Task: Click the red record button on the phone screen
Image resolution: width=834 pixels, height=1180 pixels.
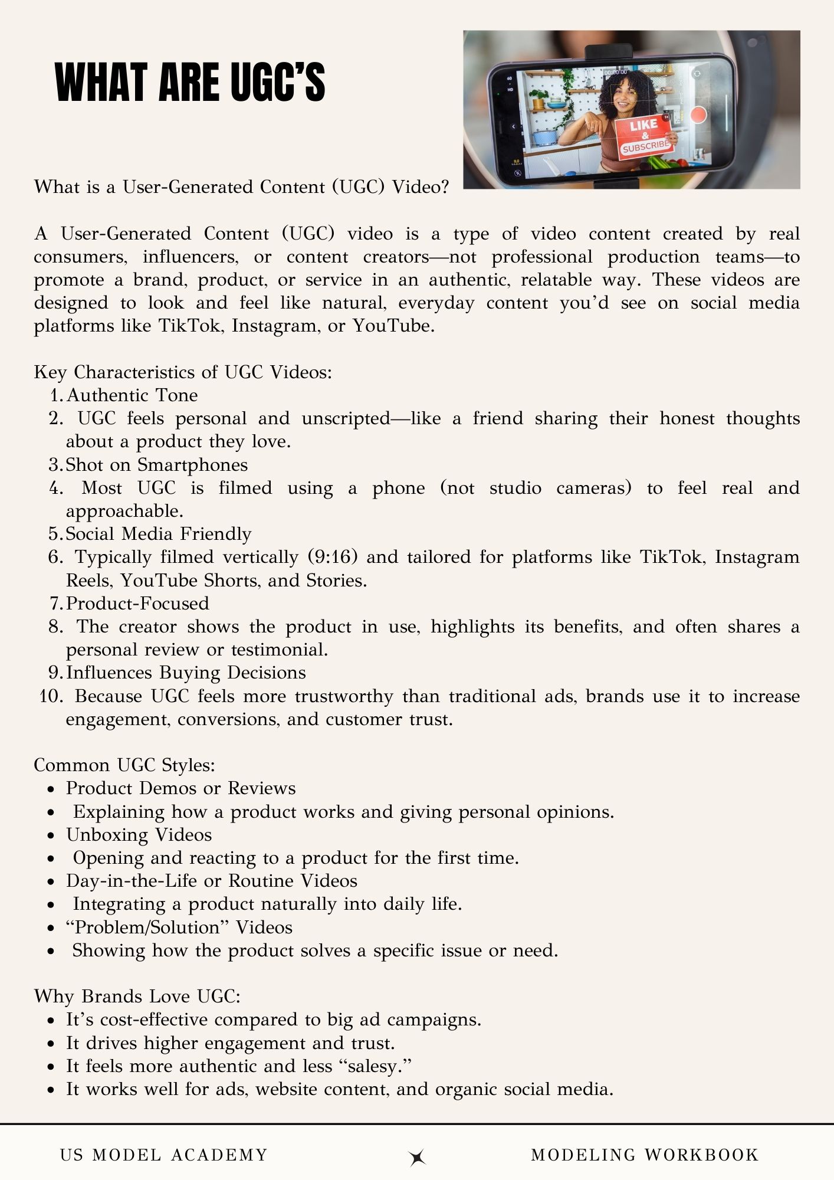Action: point(698,114)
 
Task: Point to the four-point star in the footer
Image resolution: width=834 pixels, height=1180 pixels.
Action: point(418,1157)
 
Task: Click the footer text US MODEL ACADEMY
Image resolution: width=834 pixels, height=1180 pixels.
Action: point(164,1155)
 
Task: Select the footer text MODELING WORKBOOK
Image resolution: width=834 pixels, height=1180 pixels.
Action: point(645,1155)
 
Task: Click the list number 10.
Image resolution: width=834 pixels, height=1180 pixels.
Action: point(51,696)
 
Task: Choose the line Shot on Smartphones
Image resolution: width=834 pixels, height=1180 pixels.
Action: point(156,465)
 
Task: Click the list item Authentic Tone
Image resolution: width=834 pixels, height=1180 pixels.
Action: point(132,395)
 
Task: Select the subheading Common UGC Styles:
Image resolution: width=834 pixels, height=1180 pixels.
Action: point(124,765)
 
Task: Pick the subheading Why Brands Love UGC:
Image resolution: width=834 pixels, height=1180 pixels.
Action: point(137,997)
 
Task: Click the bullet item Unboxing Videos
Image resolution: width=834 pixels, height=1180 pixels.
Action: point(139,835)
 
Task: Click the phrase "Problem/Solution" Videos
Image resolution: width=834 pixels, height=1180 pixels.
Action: point(179,927)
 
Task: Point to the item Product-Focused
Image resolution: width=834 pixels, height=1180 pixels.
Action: point(137,604)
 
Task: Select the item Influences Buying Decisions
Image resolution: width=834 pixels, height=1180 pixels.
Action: point(186,673)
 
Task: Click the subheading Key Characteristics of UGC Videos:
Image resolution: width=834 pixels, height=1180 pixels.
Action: point(183,372)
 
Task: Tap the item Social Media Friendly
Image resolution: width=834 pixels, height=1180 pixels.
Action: point(158,534)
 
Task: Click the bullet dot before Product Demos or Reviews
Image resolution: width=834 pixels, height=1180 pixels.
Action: point(52,789)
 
